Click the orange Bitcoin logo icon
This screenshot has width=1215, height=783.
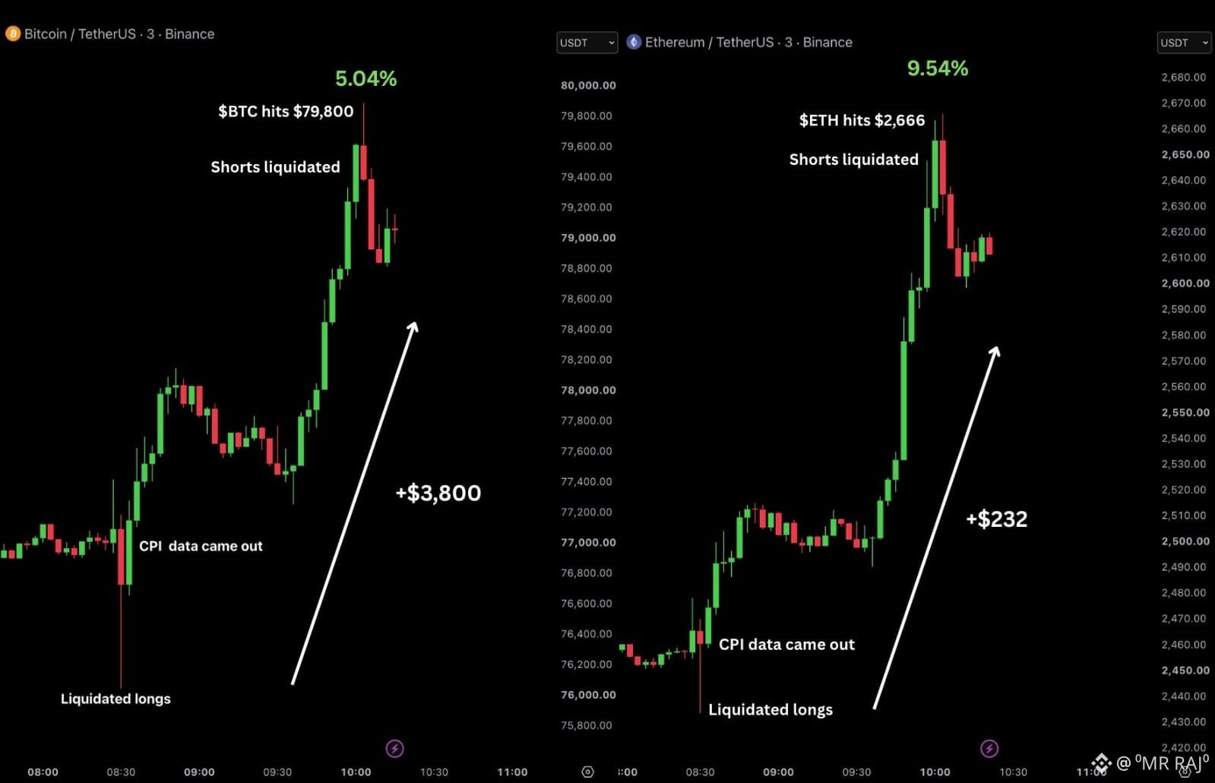click(x=12, y=33)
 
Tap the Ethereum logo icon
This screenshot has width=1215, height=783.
click(x=634, y=42)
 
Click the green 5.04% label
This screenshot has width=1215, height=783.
click(x=365, y=78)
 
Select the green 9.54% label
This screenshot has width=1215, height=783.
click(x=938, y=68)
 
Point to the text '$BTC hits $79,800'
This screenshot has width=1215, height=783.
click(x=285, y=111)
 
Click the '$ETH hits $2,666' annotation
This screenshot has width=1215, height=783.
click(x=862, y=120)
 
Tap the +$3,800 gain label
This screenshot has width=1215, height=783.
click(x=438, y=493)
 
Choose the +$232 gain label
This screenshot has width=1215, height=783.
click(x=996, y=518)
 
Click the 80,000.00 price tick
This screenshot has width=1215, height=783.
click(x=588, y=85)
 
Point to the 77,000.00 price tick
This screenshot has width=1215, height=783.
click(x=588, y=542)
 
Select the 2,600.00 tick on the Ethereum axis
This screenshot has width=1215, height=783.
click(x=1185, y=283)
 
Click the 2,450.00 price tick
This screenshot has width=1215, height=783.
click(x=1185, y=670)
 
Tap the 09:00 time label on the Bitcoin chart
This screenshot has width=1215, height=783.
click(x=199, y=772)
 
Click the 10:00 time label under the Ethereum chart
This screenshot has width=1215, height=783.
click(x=935, y=772)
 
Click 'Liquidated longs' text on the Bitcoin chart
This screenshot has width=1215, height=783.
click(x=115, y=699)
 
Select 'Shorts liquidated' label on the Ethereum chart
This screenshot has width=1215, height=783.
click(x=854, y=160)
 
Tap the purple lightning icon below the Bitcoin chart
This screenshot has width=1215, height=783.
click(x=394, y=749)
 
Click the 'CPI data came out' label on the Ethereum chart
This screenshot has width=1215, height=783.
click(x=786, y=644)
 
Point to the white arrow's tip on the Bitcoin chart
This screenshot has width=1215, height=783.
click(x=416, y=322)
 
